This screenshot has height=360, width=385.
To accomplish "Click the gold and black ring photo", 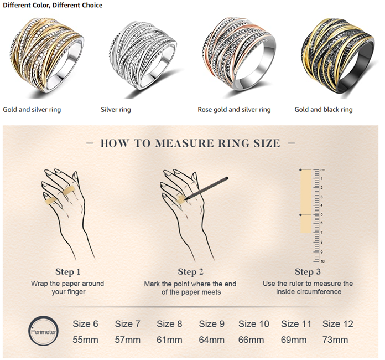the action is [x=339, y=55].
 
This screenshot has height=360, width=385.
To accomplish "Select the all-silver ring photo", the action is [x=143, y=55].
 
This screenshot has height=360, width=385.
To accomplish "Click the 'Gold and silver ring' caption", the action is [x=32, y=110].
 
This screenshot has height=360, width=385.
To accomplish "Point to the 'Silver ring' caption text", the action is [x=116, y=110].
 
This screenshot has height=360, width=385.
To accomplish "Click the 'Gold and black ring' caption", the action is [x=324, y=110].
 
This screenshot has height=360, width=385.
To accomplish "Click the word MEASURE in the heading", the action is [x=185, y=143].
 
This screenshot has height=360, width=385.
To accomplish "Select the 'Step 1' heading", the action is [x=68, y=272].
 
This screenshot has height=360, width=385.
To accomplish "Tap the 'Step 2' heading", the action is [x=190, y=272].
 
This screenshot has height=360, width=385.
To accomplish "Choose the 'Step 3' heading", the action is [x=308, y=272].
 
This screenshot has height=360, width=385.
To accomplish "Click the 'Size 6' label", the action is [x=85, y=324].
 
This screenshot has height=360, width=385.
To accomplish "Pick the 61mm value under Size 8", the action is [x=169, y=340].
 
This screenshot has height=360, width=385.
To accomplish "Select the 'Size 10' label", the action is [x=254, y=324].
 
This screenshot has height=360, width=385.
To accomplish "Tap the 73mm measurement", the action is [x=335, y=340].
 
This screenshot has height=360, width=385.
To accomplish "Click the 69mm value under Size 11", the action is [x=294, y=340].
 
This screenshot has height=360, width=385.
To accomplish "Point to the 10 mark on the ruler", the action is [x=322, y=261].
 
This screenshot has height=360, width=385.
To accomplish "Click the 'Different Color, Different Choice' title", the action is [x=53, y=5].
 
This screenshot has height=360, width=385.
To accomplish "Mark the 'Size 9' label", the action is [x=212, y=324].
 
